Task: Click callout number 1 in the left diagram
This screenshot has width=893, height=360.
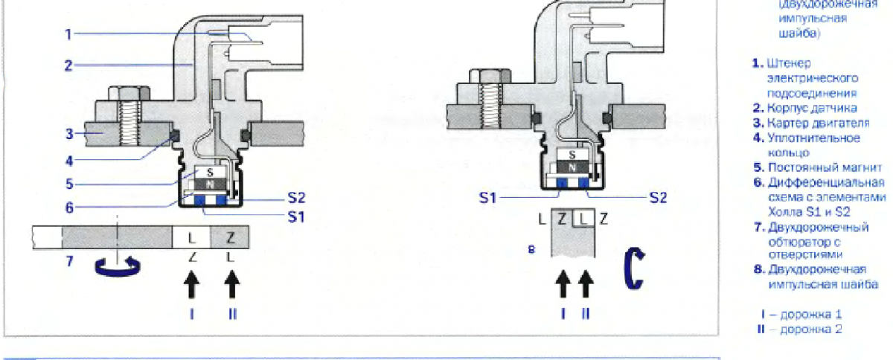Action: click(x=67, y=33)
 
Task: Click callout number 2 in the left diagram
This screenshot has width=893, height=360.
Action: click(x=67, y=65)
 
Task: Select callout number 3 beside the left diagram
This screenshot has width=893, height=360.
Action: click(x=67, y=134)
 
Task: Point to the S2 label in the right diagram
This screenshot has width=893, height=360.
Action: click(x=659, y=197)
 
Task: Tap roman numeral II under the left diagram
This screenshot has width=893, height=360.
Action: click(x=232, y=314)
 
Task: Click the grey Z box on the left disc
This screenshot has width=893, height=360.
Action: click(x=231, y=238)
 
